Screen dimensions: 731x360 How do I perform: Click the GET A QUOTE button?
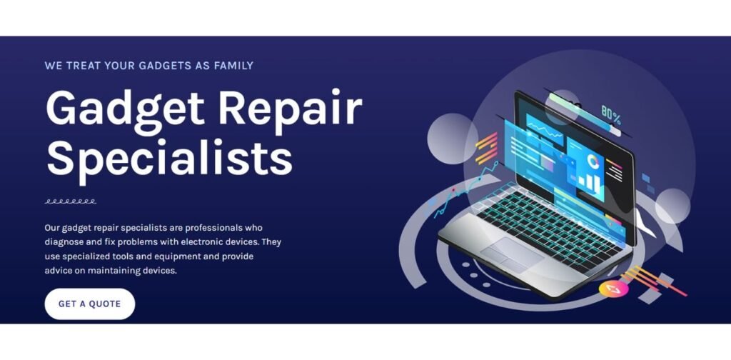tap(89, 304)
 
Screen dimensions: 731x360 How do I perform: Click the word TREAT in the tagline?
tap(83, 65)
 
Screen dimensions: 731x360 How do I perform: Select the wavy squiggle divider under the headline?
tap(71, 201)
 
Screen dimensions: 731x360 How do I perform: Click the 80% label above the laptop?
tap(611, 115)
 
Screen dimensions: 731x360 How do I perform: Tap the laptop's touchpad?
tap(511, 254)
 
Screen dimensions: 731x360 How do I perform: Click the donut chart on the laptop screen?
tap(593, 161)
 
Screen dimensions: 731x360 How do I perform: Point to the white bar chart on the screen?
tap(589, 183)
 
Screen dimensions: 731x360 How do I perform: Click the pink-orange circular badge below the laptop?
tap(613, 289)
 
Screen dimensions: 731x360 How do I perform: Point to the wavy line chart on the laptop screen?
tap(545, 129)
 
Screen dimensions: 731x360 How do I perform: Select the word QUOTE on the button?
tap(105, 304)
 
